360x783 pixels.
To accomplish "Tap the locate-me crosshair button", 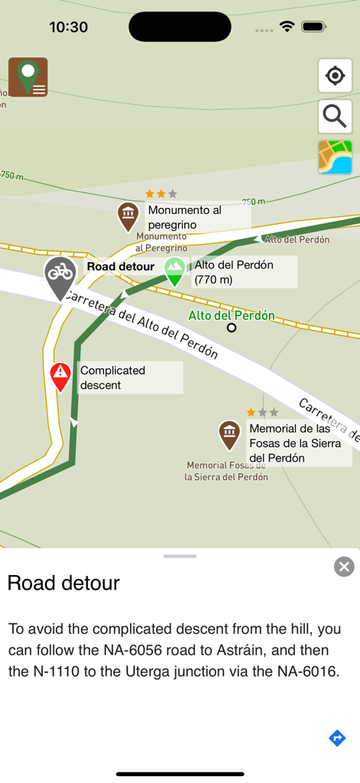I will coord(335,76).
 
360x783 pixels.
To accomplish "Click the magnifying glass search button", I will coord(335,116).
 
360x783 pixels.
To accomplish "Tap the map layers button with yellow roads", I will coord(335,157).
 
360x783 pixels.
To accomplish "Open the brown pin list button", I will coord(28,76).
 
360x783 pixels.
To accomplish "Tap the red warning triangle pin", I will coord(60,375).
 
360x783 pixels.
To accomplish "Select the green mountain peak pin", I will coord(175,270).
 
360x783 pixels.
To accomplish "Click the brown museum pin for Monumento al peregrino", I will coord(128,215).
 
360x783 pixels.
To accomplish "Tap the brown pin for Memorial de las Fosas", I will coord(229,434).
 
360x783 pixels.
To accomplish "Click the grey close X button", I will coord(344,566).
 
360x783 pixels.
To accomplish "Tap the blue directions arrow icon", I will coord(337,738).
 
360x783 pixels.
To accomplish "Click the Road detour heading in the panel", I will coord(63,583).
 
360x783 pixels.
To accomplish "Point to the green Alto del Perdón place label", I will coord(232,315).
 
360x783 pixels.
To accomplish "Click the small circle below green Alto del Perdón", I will coord(232,328).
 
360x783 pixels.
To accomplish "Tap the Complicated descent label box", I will coord(129,378).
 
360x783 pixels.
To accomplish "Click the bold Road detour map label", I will coord(120,267).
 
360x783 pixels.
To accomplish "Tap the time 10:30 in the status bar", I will coord(68,27).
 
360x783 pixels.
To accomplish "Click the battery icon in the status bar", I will coord(313,27).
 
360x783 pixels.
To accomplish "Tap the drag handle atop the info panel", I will coord(180,556).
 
